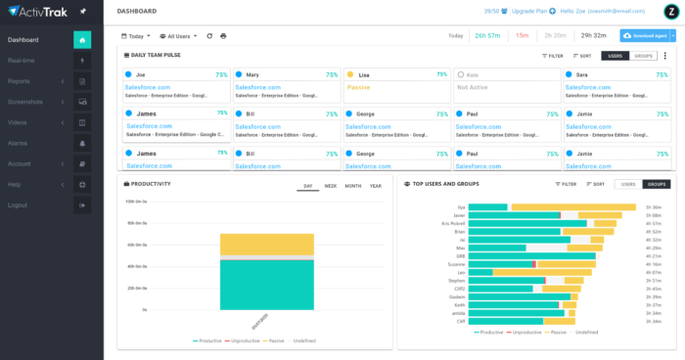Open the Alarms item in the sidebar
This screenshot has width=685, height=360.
[18, 143]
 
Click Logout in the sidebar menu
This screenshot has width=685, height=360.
[17, 204]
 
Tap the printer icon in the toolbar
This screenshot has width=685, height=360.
[223, 36]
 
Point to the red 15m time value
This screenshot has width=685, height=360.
[523, 35]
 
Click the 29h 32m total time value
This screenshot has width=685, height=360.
[593, 35]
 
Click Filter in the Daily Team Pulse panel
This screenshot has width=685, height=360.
[553, 57]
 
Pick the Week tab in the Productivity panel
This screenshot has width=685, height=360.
[330, 185]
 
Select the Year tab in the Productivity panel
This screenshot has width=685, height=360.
[376, 185]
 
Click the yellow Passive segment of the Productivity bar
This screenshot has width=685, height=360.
[266, 245]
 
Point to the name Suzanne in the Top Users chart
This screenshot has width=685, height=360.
[456, 264]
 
